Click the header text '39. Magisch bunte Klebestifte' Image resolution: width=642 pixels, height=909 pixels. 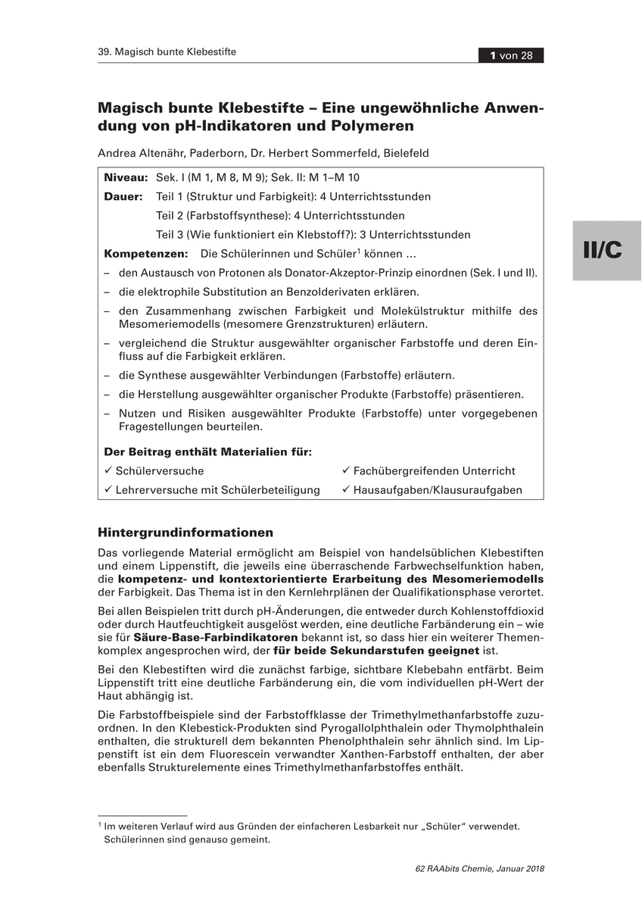167,52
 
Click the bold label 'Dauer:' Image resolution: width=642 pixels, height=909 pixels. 123,196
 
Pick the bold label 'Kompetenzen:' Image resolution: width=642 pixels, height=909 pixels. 145,254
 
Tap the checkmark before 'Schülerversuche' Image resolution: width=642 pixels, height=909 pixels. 108,470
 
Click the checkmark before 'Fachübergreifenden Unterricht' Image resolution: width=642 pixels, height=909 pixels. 345,470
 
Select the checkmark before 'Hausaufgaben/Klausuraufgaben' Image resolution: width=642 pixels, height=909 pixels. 345,489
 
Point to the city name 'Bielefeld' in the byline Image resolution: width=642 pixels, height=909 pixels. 406,153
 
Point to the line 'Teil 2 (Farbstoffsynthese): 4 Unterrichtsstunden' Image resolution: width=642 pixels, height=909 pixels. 280,215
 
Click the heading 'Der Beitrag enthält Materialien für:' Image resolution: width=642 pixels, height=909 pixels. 207,451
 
